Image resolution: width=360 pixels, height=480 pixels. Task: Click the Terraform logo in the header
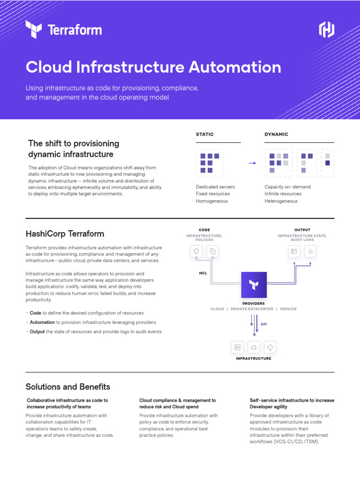point(63,30)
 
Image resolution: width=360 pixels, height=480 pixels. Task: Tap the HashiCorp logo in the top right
point(327,30)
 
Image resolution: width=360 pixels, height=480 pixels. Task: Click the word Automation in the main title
point(235,67)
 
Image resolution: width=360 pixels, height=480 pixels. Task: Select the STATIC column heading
point(205,135)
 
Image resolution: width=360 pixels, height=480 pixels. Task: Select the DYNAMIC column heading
point(276,135)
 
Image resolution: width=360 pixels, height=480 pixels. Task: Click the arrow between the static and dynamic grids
point(252,163)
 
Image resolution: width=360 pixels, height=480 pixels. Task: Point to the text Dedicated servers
point(215,187)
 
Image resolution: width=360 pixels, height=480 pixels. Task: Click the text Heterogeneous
point(281,201)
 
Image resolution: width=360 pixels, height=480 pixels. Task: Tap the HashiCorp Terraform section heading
point(65,233)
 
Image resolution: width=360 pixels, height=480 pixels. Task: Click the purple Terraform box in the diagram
point(254,285)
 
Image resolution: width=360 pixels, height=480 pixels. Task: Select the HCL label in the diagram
point(202,273)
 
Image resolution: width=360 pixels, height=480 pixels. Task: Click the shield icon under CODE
point(197,251)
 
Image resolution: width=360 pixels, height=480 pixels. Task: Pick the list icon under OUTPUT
point(310,252)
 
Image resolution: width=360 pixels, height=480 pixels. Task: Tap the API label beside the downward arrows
point(264,324)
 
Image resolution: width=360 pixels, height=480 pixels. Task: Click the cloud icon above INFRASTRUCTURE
point(254,347)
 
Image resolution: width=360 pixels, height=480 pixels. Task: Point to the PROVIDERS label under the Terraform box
point(253,304)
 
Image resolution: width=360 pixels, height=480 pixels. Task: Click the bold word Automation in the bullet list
point(42,322)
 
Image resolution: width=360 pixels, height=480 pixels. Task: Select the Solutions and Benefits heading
point(68,387)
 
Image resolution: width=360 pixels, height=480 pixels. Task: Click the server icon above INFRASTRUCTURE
point(237,347)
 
